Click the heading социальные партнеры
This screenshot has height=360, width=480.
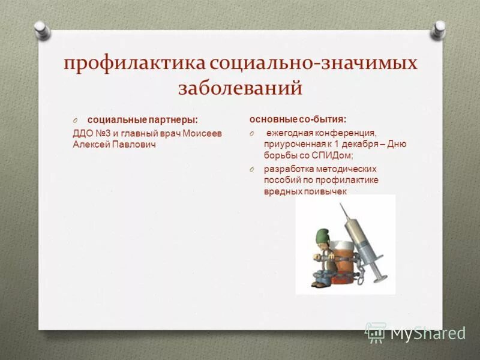coord(142,121)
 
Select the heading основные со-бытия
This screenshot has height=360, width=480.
coord(298,119)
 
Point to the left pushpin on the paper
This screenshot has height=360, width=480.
coord(40,28)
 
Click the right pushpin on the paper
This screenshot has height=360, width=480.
coord(439,28)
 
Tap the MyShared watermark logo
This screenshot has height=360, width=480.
coord(415,333)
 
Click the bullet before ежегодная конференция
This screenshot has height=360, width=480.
coord(254,133)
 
